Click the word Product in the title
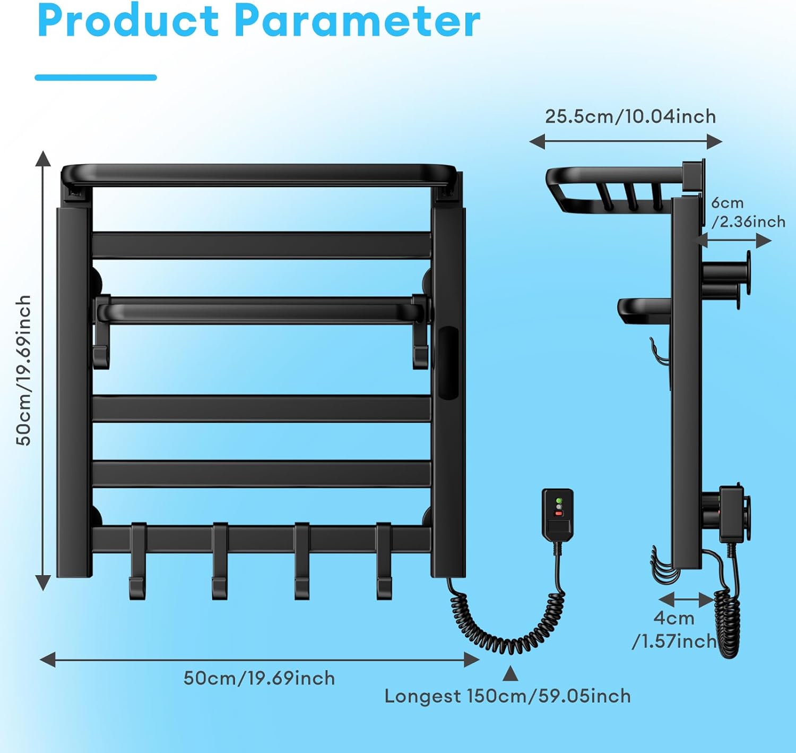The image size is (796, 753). [127, 21]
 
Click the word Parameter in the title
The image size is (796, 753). [357, 21]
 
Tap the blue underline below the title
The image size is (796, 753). [96, 78]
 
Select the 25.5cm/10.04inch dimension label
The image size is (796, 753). [630, 116]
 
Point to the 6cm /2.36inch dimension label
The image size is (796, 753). [748, 212]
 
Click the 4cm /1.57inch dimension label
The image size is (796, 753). [674, 630]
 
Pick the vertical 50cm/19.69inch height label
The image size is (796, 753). [23, 370]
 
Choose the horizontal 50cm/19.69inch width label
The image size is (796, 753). [259, 678]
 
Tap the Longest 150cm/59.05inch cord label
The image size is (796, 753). [508, 696]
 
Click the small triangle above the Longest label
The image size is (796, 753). [510, 674]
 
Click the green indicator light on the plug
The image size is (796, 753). [558, 501]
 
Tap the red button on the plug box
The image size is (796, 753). [558, 514]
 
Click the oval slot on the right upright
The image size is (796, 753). [448, 363]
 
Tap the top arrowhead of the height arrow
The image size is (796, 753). [43, 158]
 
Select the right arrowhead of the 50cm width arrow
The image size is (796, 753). [471, 660]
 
